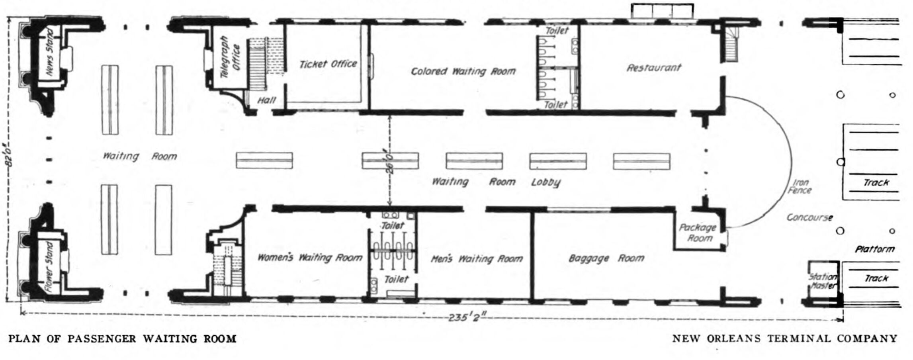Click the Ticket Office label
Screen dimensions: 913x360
(328, 64)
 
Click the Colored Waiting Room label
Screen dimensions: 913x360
(463, 71)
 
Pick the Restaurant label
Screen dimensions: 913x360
(654, 68)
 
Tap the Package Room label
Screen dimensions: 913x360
(698, 233)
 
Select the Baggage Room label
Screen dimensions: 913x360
(606, 258)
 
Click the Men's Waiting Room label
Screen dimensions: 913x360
(477, 259)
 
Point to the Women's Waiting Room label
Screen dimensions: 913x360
(310, 257)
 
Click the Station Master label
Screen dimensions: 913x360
(823, 281)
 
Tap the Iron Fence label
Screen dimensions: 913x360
(800, 186)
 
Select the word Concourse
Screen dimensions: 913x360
(809, 217)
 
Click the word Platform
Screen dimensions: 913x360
(875, 249)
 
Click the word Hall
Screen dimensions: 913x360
(266, 100)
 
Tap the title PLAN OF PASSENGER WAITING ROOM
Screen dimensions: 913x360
(123, 339)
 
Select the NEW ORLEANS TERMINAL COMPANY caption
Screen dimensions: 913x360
(785, 338)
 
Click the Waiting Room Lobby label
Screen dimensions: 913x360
(497, 182)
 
